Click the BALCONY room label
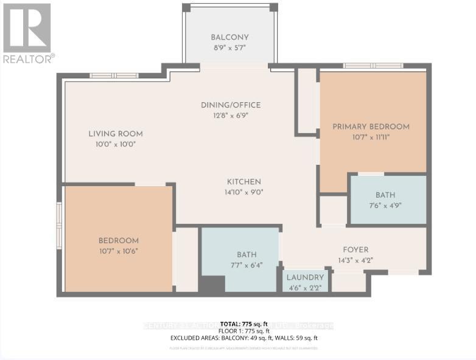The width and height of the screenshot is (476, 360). click(x=229, y=36)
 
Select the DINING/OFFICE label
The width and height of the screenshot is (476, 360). click(x=231, y=105)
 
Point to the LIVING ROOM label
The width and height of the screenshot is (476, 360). click(x=116, y=134)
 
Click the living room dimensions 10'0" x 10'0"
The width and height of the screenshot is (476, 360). click(x=116, y=144)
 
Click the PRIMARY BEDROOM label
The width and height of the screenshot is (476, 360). click(x=371, y=126)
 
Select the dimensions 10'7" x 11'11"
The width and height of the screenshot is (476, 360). click(x=371, y=137)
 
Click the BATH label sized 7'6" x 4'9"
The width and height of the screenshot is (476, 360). click(x=385, y=195)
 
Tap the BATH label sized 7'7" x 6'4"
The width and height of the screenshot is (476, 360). click(x=247, y=255)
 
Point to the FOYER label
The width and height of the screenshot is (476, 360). click(x=355, y=249)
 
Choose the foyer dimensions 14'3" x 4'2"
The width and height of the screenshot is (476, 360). click(x=355, y=260)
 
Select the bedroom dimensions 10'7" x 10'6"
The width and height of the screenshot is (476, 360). click(x=119, y=251)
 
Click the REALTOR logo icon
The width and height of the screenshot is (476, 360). click(x=27, y=28)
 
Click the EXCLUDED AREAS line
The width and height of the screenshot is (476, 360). click(x=243, y=338)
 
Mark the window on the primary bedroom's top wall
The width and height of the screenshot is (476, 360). click(x=373, y=66)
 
